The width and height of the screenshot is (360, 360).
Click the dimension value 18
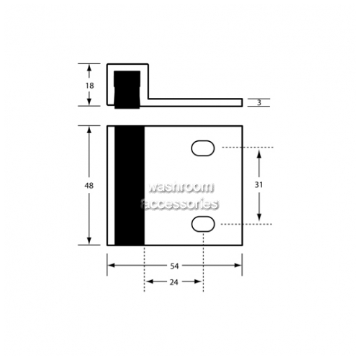(x=90, y=86)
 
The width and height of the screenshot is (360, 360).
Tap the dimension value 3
(x=259, y=102)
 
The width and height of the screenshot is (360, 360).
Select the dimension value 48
(x=89, y=185)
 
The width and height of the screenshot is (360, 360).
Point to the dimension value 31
(x=258, y=184)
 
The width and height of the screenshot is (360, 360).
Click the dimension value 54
(x=174, y=266)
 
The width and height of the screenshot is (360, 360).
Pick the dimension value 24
(x=174, y=282)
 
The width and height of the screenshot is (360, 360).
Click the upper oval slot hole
(x=203, y=148)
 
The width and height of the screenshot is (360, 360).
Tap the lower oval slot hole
(x=203, y=224)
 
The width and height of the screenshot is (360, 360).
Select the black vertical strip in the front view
(x=130, y=186)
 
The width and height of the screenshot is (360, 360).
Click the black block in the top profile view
(x=127, y=89)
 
